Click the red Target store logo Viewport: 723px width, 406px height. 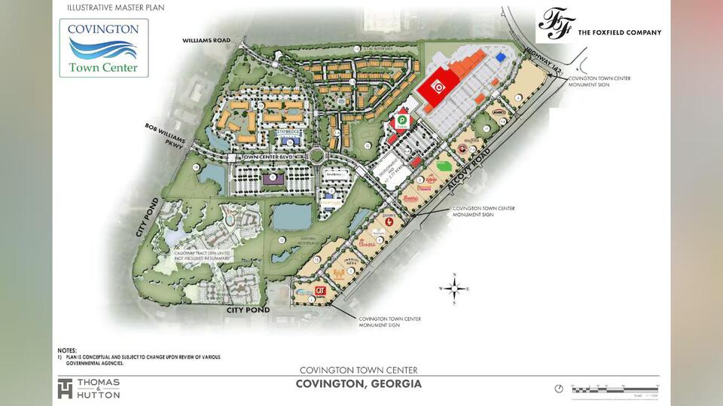click(x=434, y=87)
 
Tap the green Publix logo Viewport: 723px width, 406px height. click(x=402, y=120)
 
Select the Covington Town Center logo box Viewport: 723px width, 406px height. click(x=104, y=48)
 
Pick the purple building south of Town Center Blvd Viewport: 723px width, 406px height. click(x=271, y=177)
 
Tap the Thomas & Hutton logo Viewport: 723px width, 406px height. click(x=89, y=387)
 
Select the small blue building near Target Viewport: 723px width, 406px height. click(x=500, y=57)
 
